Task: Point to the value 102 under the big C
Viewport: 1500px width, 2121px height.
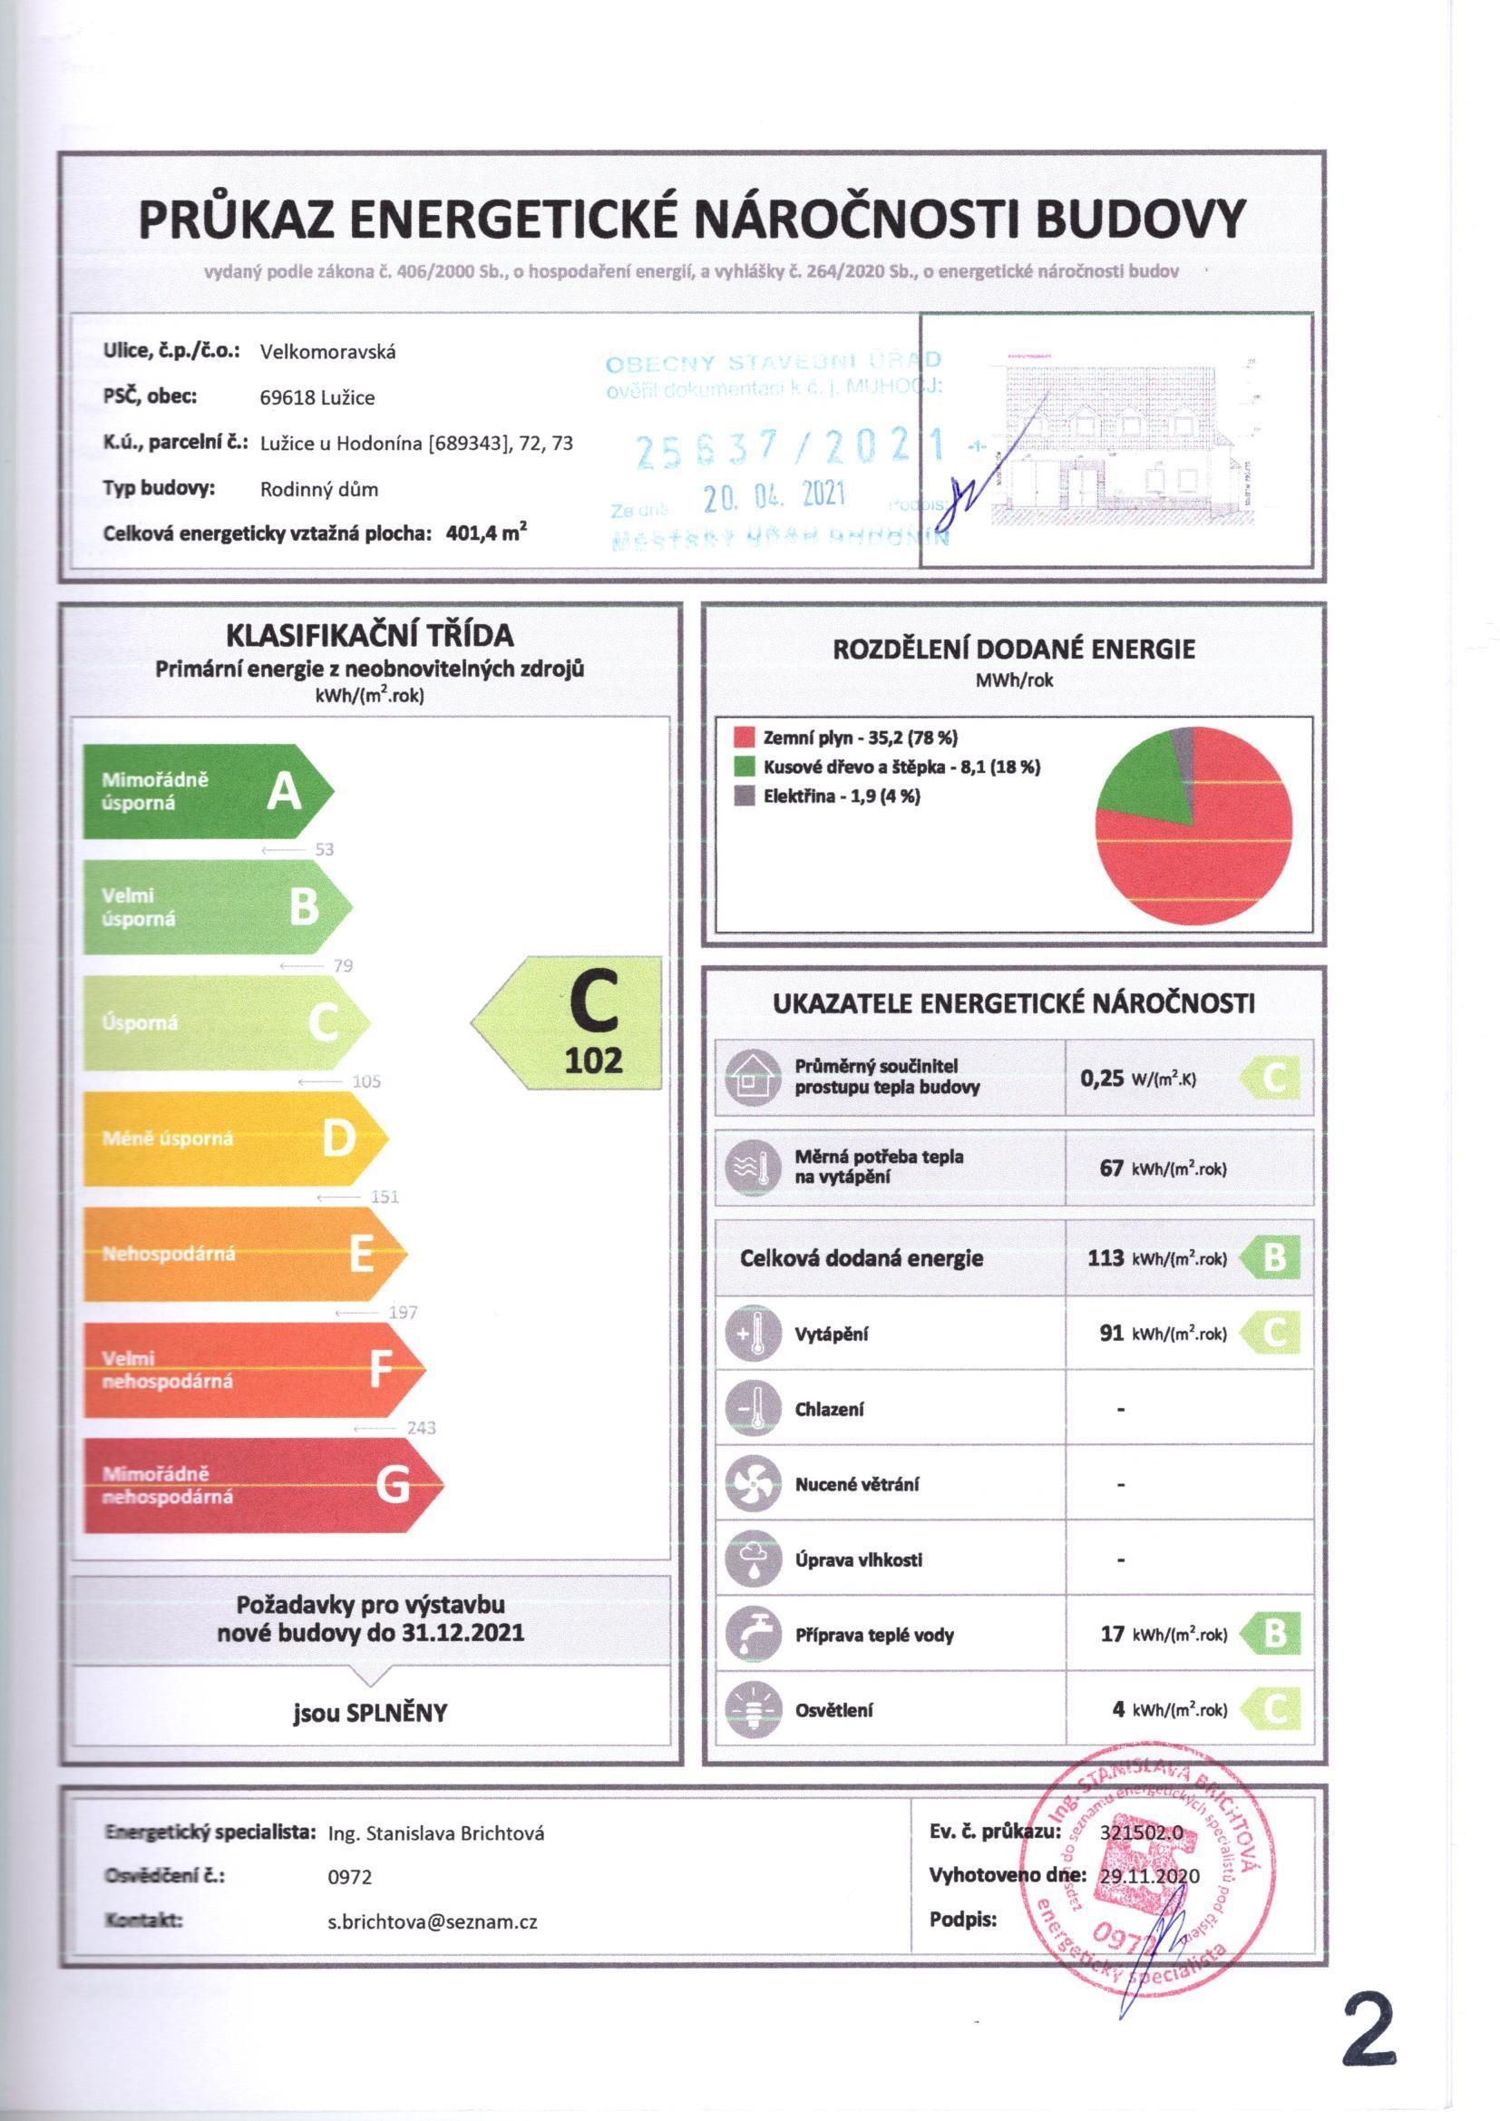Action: [x=594, y=1060]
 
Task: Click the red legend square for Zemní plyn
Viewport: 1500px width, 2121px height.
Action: [x=745, y=738]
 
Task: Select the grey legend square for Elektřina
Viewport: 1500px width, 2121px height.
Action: [x=745, y=796]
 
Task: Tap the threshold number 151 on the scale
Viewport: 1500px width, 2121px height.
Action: [x=385, y=1197]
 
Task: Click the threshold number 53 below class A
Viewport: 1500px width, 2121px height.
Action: [x=324, y=849]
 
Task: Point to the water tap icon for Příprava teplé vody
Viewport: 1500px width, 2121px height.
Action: [x=754, y=1634]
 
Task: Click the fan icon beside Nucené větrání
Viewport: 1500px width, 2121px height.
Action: [x=754, y=1483]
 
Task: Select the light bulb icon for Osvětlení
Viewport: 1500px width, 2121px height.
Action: [x=754, y=1710]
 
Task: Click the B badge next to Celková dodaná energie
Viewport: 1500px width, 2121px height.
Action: [x=1271, y=1257]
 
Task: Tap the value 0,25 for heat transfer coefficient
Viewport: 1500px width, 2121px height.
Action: [x=1102, y=1077]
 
